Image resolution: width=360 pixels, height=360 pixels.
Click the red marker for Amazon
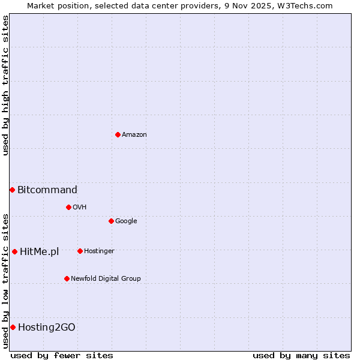tap(118, 134)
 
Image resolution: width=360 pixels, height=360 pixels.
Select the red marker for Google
tap(111, 221)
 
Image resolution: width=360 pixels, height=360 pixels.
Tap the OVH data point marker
tap(68, 207)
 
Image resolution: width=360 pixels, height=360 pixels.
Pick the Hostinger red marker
tap(80, 251)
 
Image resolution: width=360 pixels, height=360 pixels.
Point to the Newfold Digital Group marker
tap(67, 278)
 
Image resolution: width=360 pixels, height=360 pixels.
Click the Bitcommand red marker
tap(12, 190)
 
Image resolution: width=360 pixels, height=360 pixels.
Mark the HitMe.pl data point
tap(14, 251)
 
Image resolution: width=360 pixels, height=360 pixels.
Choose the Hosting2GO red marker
tap(13, 327)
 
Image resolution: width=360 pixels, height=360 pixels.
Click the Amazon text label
tap(134, 135)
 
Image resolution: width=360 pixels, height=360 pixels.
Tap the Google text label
tap(126, 221)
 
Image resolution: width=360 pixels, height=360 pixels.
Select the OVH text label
tap(80, 208)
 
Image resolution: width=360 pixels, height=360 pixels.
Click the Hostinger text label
tap(99, 251)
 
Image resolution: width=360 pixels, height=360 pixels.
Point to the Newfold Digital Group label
tap(106, 279)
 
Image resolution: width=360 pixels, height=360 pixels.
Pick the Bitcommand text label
tap(47, 190)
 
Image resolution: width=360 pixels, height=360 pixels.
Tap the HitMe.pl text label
tap(40, 252)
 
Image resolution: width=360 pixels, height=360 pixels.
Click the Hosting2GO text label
tap(47, 328)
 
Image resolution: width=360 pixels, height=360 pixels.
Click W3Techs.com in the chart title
tap(310, 6)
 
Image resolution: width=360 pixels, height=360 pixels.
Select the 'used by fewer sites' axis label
tap(62, 355)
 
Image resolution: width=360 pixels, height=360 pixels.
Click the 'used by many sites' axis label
tap(301, 355)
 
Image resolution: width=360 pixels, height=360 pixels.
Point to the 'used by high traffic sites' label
tap(5, 85)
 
